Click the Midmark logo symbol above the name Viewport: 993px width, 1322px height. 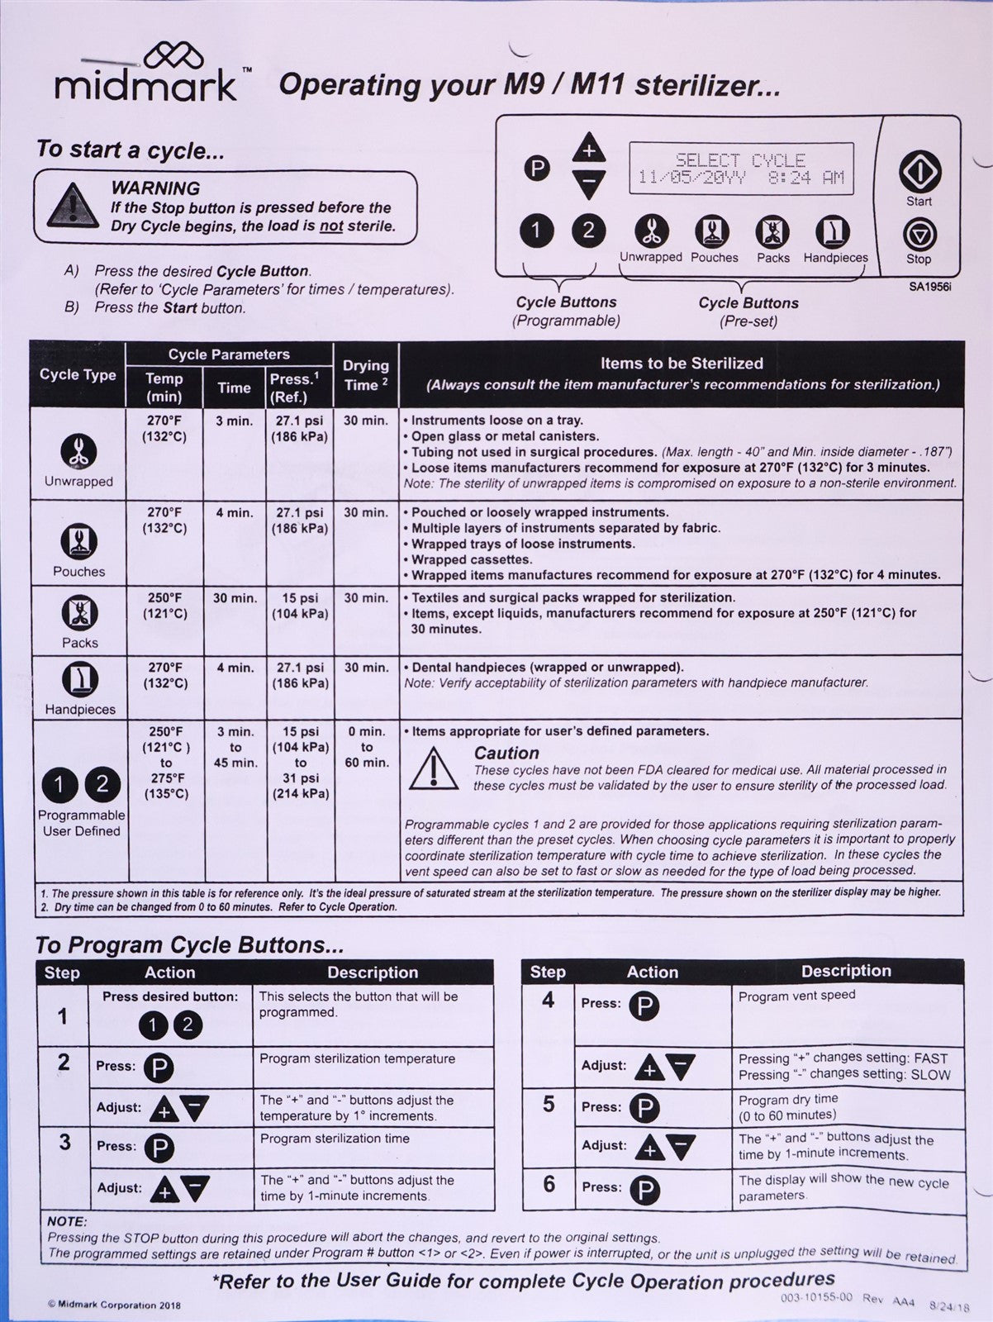point(173,57)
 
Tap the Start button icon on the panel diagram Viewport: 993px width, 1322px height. point(919,172)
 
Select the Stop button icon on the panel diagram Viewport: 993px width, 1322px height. point(919,235)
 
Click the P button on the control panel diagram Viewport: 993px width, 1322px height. point(537,169)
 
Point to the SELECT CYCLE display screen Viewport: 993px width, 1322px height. point(740,169)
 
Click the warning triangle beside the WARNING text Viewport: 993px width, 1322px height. point(74,206)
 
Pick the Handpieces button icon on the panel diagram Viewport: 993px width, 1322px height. point(834,232)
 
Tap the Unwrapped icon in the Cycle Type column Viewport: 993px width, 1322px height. point(78,451)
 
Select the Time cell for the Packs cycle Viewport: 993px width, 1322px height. point(235,598)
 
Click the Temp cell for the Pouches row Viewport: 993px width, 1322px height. point(164,521)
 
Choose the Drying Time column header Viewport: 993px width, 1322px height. point(366,375)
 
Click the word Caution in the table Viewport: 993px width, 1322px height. point(506,754)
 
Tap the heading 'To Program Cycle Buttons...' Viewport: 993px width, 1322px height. point(190,945)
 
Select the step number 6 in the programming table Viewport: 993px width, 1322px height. point(549,1184)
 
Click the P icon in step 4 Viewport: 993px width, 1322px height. point(644,1005)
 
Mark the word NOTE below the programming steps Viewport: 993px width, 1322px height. point(67,1221)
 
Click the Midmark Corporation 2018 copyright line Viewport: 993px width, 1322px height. point(114,1305)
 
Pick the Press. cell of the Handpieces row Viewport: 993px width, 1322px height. point(300,675)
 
